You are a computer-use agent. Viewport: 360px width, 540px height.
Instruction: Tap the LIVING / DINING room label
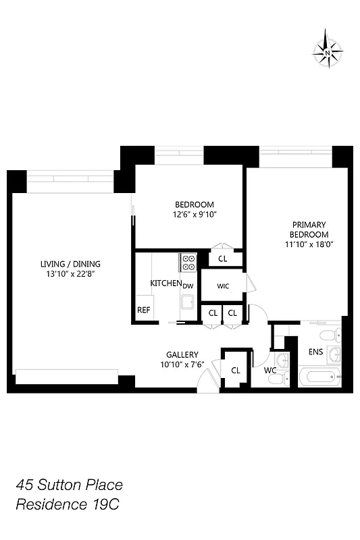tap(66, 263)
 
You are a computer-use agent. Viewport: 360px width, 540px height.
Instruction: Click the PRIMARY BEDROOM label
tap(309, 230)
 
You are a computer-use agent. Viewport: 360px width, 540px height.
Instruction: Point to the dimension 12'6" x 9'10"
tap(195, 214)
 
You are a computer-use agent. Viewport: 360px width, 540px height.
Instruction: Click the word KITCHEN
tap(165, 283)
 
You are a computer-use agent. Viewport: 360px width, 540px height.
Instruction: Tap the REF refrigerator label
tap(143, 310)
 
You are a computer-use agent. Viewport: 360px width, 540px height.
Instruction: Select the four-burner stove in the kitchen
tap(187, 262)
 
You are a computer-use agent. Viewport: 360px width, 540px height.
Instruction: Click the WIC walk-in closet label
tap(223, 286)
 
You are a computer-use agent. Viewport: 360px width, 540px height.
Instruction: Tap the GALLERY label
tap(182, 354)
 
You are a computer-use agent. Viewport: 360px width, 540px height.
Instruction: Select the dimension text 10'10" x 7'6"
tap(182, 364)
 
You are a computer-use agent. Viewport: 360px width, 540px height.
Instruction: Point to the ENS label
tap(315, 352)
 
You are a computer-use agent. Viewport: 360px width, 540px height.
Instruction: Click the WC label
tap(270, 370)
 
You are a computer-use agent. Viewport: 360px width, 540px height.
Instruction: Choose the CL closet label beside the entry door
tap(236, 370)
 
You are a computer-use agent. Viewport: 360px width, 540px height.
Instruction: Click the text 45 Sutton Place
tap(70, 485)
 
